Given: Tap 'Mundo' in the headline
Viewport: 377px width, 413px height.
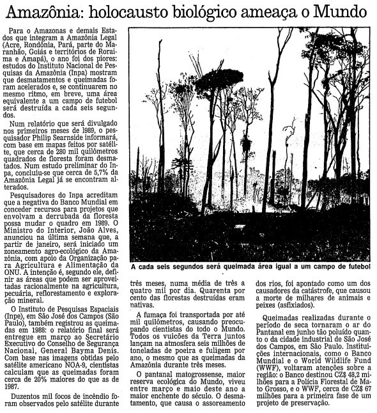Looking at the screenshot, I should [x=346, y=12].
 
